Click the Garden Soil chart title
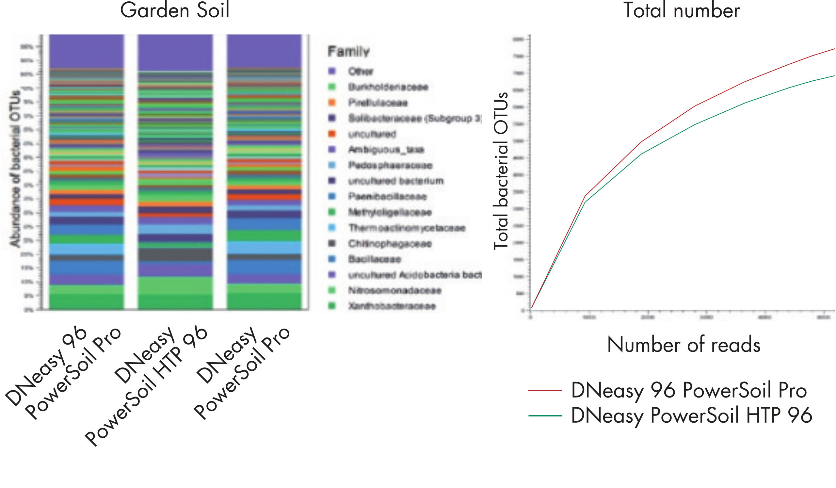[174, 11]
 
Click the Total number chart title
[682, 11]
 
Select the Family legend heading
[348, 51]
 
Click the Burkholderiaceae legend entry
[388, 87]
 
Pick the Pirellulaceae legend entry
[378, 103]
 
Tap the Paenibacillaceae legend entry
[387, 196]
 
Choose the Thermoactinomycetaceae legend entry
[407, 228]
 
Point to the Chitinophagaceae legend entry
[390, 243]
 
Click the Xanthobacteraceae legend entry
[392, 306]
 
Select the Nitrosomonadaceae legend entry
[395, 290]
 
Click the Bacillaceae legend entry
[375, 259]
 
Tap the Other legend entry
[361, 71]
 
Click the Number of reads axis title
[683, 345]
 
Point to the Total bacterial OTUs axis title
[501, 171]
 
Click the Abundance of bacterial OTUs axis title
[15, 169]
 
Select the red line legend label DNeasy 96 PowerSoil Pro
[689, 390]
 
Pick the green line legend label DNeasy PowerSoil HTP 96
[691, 415]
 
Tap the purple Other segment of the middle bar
[175, 52]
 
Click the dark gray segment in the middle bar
[175, 254]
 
